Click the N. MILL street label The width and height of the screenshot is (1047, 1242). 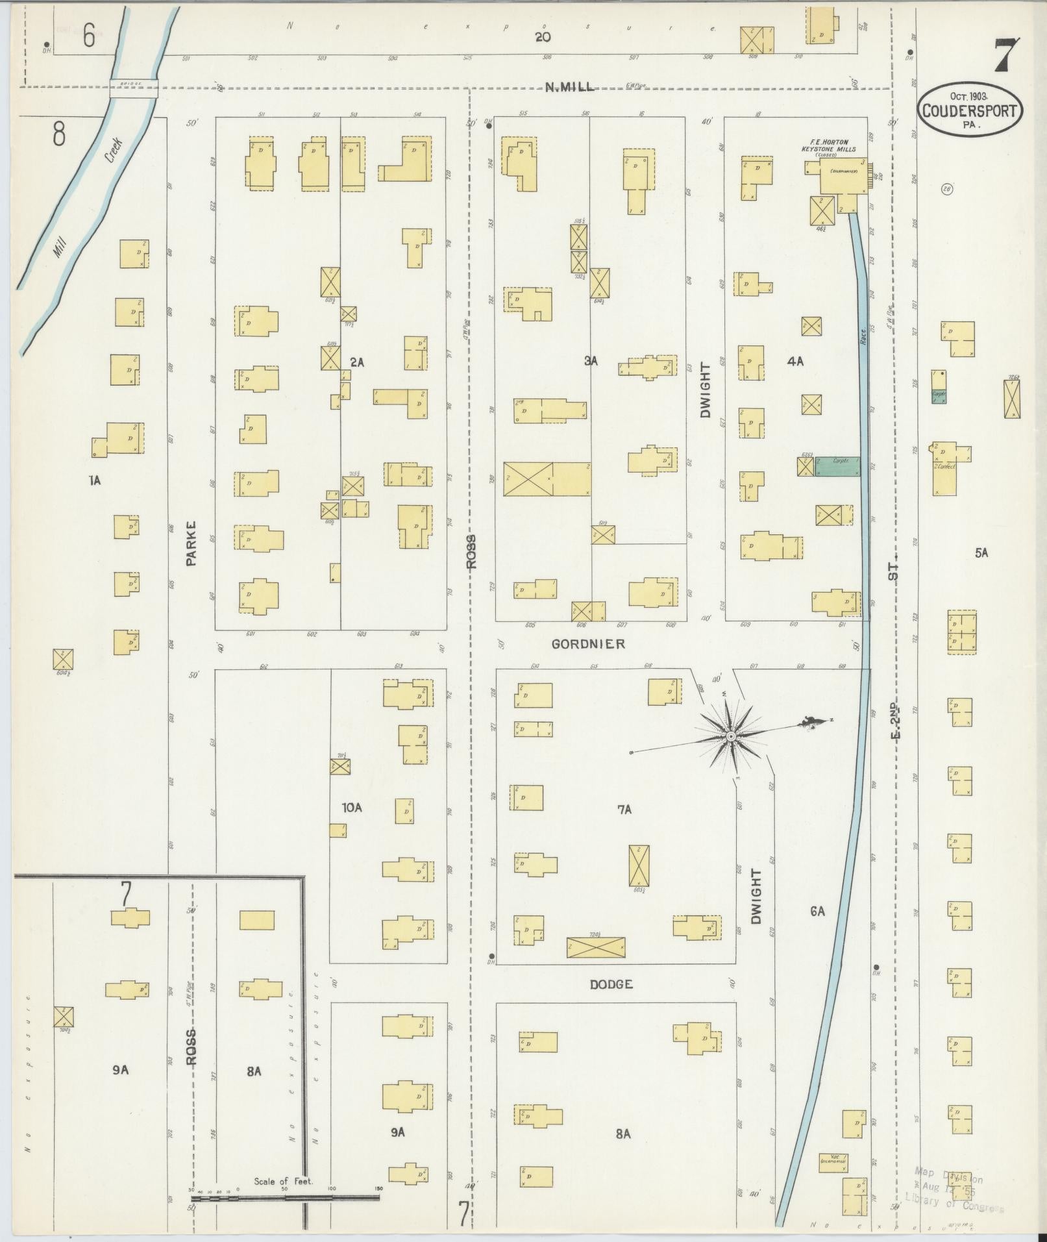point(569,88)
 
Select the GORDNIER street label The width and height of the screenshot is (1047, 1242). point(588,643)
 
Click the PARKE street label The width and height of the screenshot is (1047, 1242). point(191,543)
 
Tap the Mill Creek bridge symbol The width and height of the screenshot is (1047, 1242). point(134,88)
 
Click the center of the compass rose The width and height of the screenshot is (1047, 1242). point(730,736)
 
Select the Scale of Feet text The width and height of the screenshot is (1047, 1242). point(284,1181)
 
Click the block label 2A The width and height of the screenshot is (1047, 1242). point(357,362)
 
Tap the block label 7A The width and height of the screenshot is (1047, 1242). point(624,809)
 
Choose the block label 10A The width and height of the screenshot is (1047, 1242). point(352,808)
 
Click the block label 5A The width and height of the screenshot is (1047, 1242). point(981,553)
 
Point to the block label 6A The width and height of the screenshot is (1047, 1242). point(817,912)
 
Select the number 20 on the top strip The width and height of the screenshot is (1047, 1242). point(543,37)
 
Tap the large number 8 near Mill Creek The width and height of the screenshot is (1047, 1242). point(59,134)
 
